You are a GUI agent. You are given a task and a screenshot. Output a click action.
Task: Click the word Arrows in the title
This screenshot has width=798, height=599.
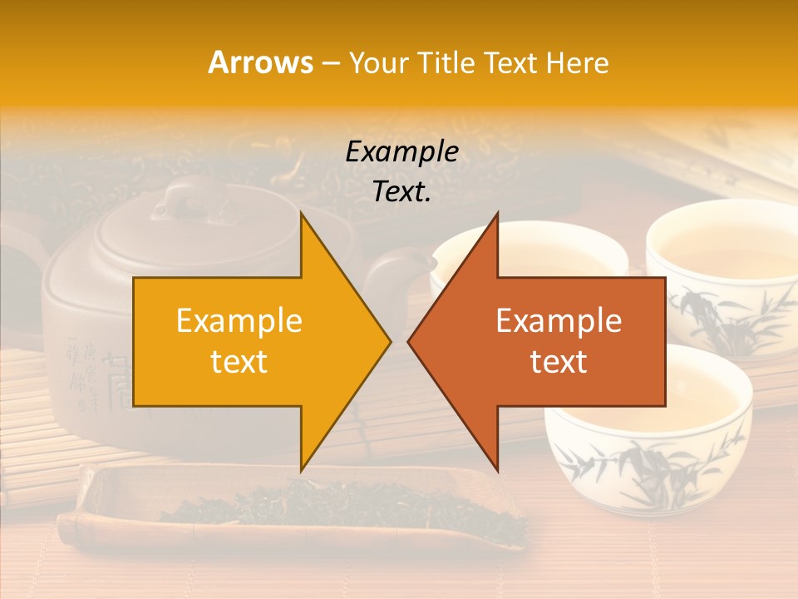click(x=261, y=62)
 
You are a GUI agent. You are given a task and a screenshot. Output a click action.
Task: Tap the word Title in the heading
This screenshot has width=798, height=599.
click(x=449, y=62)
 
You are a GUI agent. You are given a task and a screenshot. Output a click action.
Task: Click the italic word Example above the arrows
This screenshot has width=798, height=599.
click(x=401, y=151)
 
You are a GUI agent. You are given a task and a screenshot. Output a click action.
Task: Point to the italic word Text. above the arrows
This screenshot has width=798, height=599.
click(x=401, y=191)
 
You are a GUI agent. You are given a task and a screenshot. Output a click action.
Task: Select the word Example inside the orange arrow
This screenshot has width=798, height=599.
click(x=239, y=321)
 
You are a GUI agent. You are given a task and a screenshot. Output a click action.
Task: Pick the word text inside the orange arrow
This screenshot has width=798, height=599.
click(x=239, y=361)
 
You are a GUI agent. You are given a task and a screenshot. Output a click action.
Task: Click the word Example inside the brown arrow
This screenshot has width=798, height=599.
click(x=559, y=321)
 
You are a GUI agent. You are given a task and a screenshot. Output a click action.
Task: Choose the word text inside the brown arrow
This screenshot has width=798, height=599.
click(x=559, y=361)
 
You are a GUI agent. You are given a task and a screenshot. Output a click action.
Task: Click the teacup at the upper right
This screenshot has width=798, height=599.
click(x=722, y=250)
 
